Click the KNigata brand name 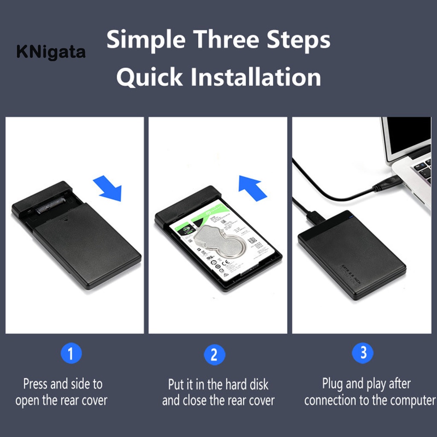(x=51, y=52)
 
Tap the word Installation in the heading (x=255, y=77)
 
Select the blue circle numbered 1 (x=71, y=354)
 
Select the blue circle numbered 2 (x=214, y=355)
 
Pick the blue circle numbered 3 (x=363, y=353)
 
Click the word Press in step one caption (x=36, y=384)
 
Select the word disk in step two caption (x=257, y=384)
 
